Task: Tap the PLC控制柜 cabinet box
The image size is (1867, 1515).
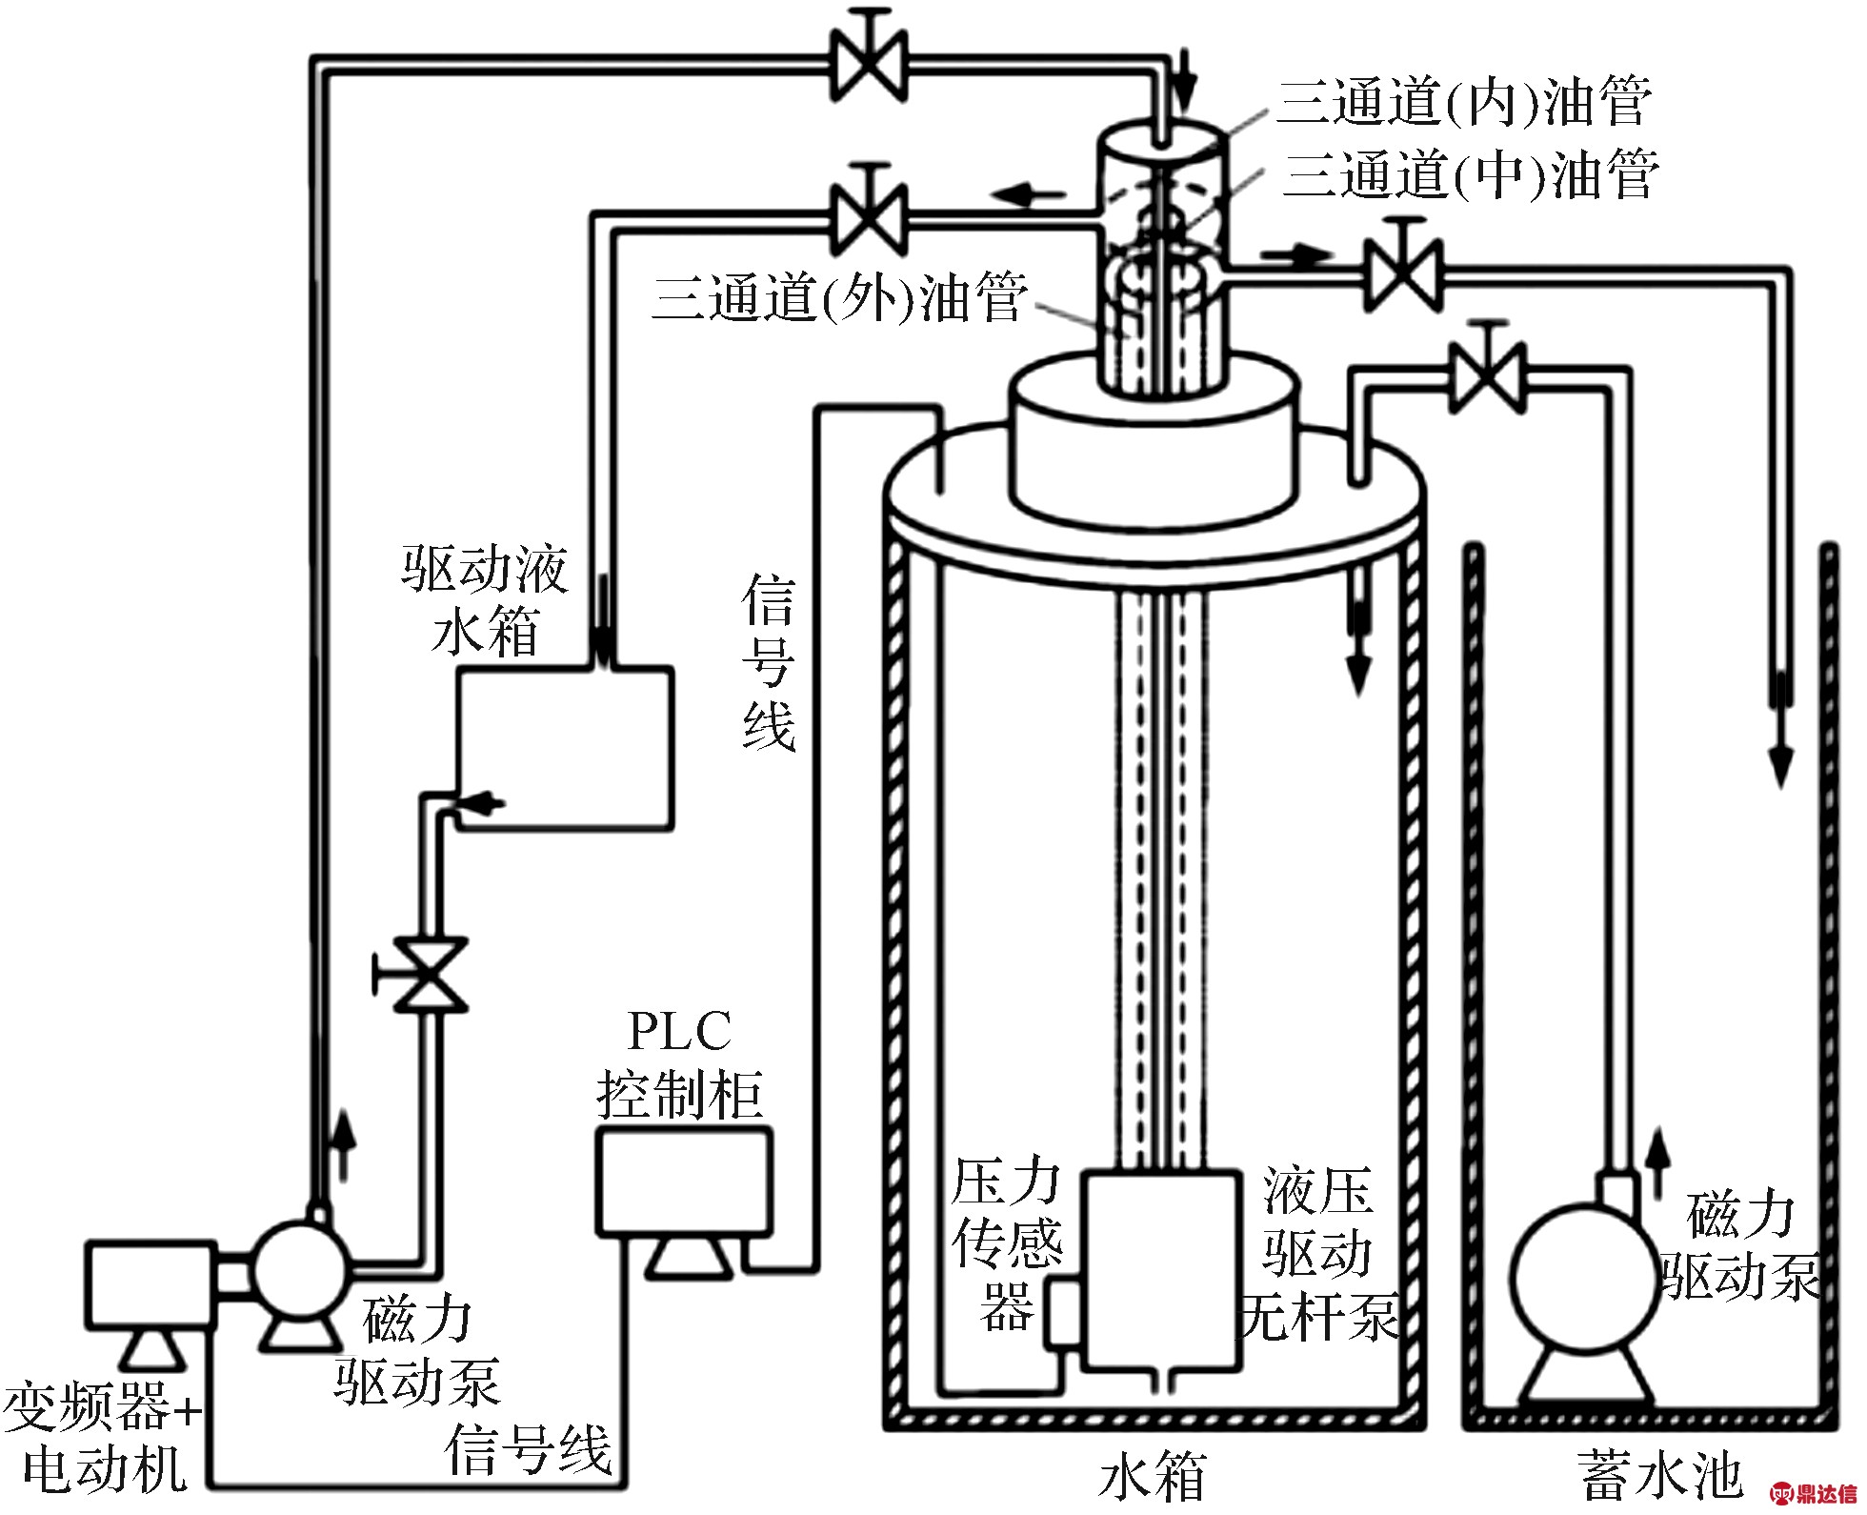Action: click(x=683, y=1182)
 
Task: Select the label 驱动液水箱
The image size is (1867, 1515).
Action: click(x=485, y=600)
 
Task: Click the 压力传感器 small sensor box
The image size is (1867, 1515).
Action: click(x=1063, y=1314)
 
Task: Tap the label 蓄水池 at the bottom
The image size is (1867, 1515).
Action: click(x=1661, y=1476)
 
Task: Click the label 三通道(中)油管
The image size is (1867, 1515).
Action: click(x=1471, y=173)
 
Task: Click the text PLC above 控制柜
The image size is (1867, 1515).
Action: click(x=679, y=1031)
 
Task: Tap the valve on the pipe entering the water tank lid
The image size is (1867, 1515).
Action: click(x=1487, y=372)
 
